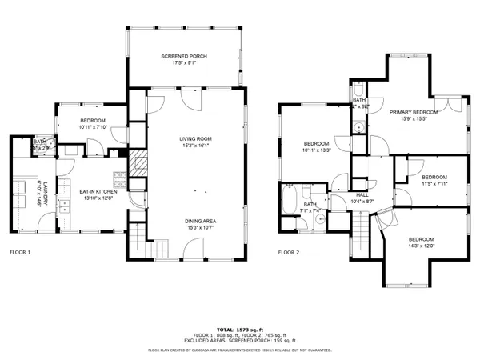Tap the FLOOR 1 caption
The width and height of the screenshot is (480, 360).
click(x=20, y=252)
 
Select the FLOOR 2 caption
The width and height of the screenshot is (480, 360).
click(x=289, y=252)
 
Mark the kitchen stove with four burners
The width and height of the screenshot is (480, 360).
click(x=120, y=180)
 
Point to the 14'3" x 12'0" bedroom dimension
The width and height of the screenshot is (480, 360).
click(x=421, y=246)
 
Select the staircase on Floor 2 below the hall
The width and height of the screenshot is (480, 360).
click(x=366, y=232)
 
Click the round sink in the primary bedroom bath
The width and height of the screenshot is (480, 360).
click(x=359, y=126)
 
